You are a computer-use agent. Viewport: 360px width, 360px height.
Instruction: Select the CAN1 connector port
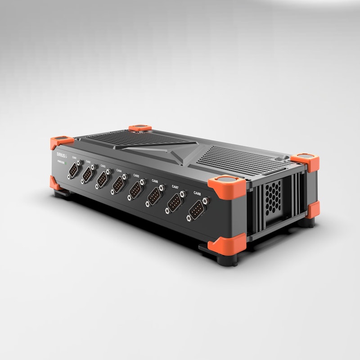74,170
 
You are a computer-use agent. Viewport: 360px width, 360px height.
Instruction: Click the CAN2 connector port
88,175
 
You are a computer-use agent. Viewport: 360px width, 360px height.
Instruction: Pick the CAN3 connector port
103,180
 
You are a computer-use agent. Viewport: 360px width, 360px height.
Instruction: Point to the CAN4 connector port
119,185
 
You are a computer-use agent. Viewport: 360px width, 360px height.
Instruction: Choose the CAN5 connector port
136,191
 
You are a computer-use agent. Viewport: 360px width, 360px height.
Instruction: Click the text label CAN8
197,193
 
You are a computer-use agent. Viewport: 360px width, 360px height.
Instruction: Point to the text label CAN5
136,175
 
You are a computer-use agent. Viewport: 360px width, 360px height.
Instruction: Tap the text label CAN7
175,187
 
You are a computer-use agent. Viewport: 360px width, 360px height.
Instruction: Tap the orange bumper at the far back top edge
140,128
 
